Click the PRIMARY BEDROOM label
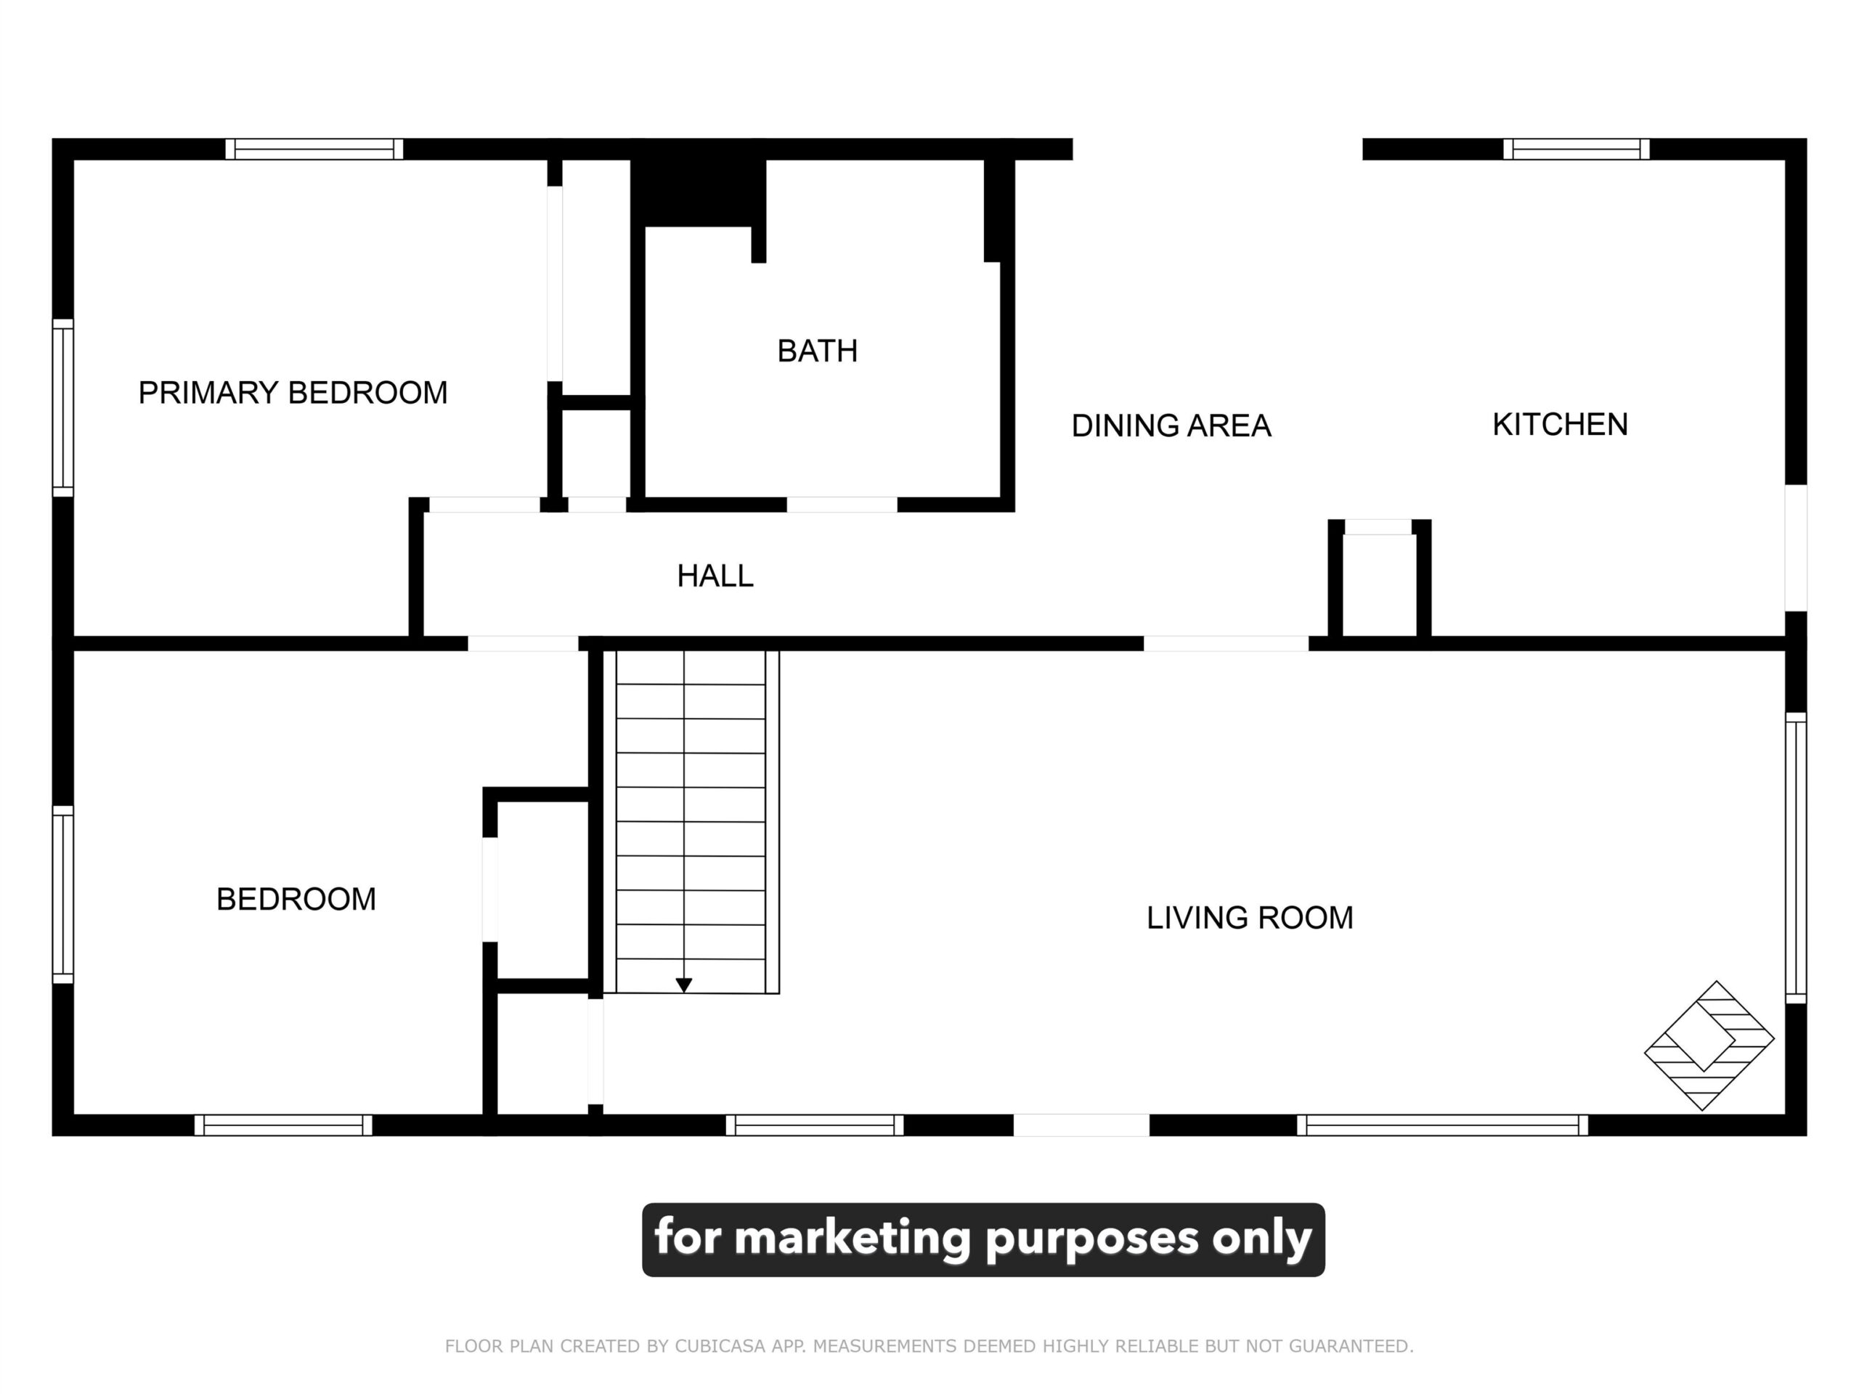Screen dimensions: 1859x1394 click(x=293, y=392)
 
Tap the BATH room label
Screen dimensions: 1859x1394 click(x=817, y=351)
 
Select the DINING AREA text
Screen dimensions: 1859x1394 click(x=1171, y=425)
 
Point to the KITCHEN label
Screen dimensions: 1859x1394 click(x=1560, y=424)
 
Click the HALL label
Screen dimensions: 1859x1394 click(x=715, y=576)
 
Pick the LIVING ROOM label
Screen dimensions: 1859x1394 click(x=1250, y=918)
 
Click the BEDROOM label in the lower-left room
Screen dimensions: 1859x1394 click(x=296, y=899)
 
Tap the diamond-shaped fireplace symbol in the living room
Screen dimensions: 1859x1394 click(x=1709, y=1045)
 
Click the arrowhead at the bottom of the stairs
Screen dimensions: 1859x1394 click(x=684, y=985)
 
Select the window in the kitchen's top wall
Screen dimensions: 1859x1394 click(x=1576, y=149)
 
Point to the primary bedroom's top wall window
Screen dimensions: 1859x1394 click(x=314, y=149)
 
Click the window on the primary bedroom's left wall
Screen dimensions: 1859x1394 click(x=63, y=407)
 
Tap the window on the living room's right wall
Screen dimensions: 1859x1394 click(x=1795, y=858)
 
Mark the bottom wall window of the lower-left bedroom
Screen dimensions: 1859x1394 click(x=283, y=1125)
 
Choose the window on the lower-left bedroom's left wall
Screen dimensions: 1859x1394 click(x=63, y=894)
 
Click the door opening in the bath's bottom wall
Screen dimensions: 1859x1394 click(x=842, y=504)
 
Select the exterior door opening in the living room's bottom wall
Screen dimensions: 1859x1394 click(x=1081, y=1125)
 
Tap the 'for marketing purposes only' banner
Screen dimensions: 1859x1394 click(x=983, y=1239)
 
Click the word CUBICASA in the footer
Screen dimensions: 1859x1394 click(x=721, y=1346)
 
